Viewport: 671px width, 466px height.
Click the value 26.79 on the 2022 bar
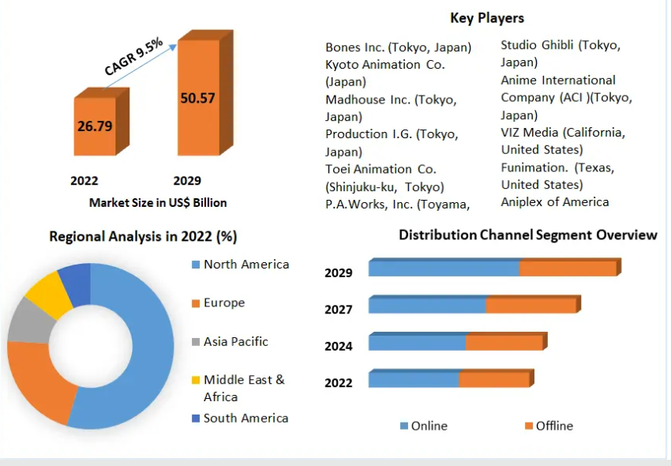(x=95, y=126)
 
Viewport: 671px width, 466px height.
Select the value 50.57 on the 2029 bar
(x=197, y=98)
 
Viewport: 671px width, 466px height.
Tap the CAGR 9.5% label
(x=133, y=57)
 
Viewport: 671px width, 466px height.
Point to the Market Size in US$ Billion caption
(x=158, y=203)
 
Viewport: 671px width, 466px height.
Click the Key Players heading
(x=487, y=17)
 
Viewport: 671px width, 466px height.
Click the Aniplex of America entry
(x=555, y=201)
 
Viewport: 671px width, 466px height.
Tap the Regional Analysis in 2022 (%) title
(x=143, y=236)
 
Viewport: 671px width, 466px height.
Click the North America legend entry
(x=246, y=265)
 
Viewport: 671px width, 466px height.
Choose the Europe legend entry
(x=223, y=303)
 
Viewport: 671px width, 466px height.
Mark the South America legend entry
(x=246, y=418)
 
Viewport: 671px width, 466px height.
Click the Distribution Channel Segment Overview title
(x=527, y=235)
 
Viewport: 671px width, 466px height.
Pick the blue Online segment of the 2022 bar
(x=414, y=380)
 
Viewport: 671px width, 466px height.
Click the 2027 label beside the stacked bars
(x=339, y=309)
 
